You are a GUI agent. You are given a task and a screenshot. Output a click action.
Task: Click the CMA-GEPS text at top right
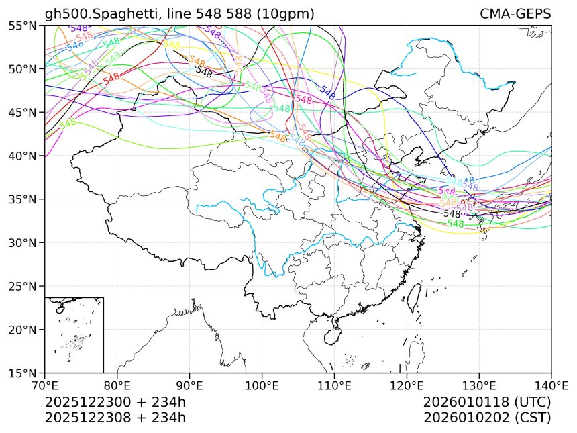(x=515, y=14)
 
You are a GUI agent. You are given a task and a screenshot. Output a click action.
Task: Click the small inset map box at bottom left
(x=74, y=334)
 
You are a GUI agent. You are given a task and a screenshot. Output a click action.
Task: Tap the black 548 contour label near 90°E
(x=204, y=72)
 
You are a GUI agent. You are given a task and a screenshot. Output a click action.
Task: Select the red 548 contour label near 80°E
(x=111, y=77)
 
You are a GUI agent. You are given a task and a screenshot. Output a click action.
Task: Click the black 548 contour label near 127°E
(x=452, y=213)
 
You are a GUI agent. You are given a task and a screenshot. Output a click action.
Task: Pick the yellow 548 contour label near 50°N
(x=171, y=45)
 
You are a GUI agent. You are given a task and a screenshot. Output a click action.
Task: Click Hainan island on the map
(x=333, y=332)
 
